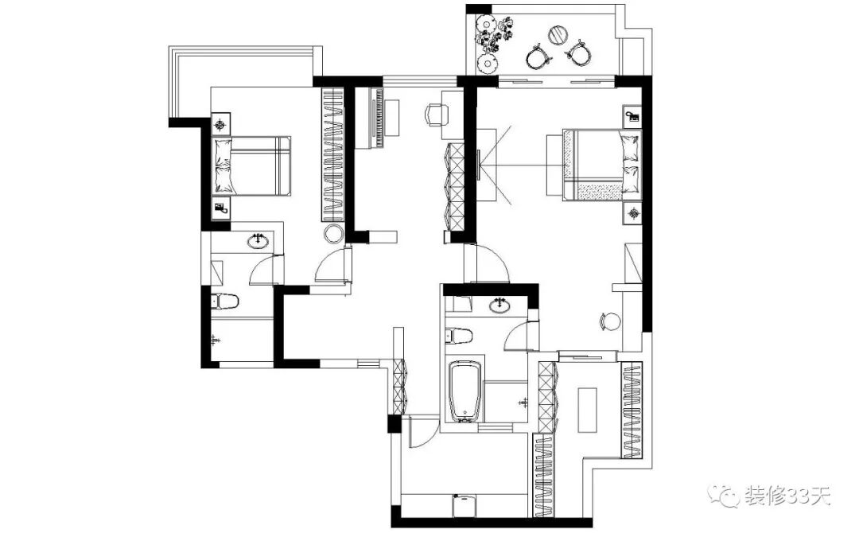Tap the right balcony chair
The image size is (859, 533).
(x=579, y=53)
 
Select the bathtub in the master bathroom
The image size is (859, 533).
(x=465, y=391)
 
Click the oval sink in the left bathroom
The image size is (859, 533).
(x=258, y=241)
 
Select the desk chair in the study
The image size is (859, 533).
(x=435, y=115)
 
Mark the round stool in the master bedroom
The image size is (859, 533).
(x=610, y=321)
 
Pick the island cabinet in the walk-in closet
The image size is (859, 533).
(x=587, y=410)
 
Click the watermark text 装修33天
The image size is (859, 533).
(x=787, y=498)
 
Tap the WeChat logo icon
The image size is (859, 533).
(x=728, y=498)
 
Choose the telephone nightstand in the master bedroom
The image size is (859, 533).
(x=632, y=116)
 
